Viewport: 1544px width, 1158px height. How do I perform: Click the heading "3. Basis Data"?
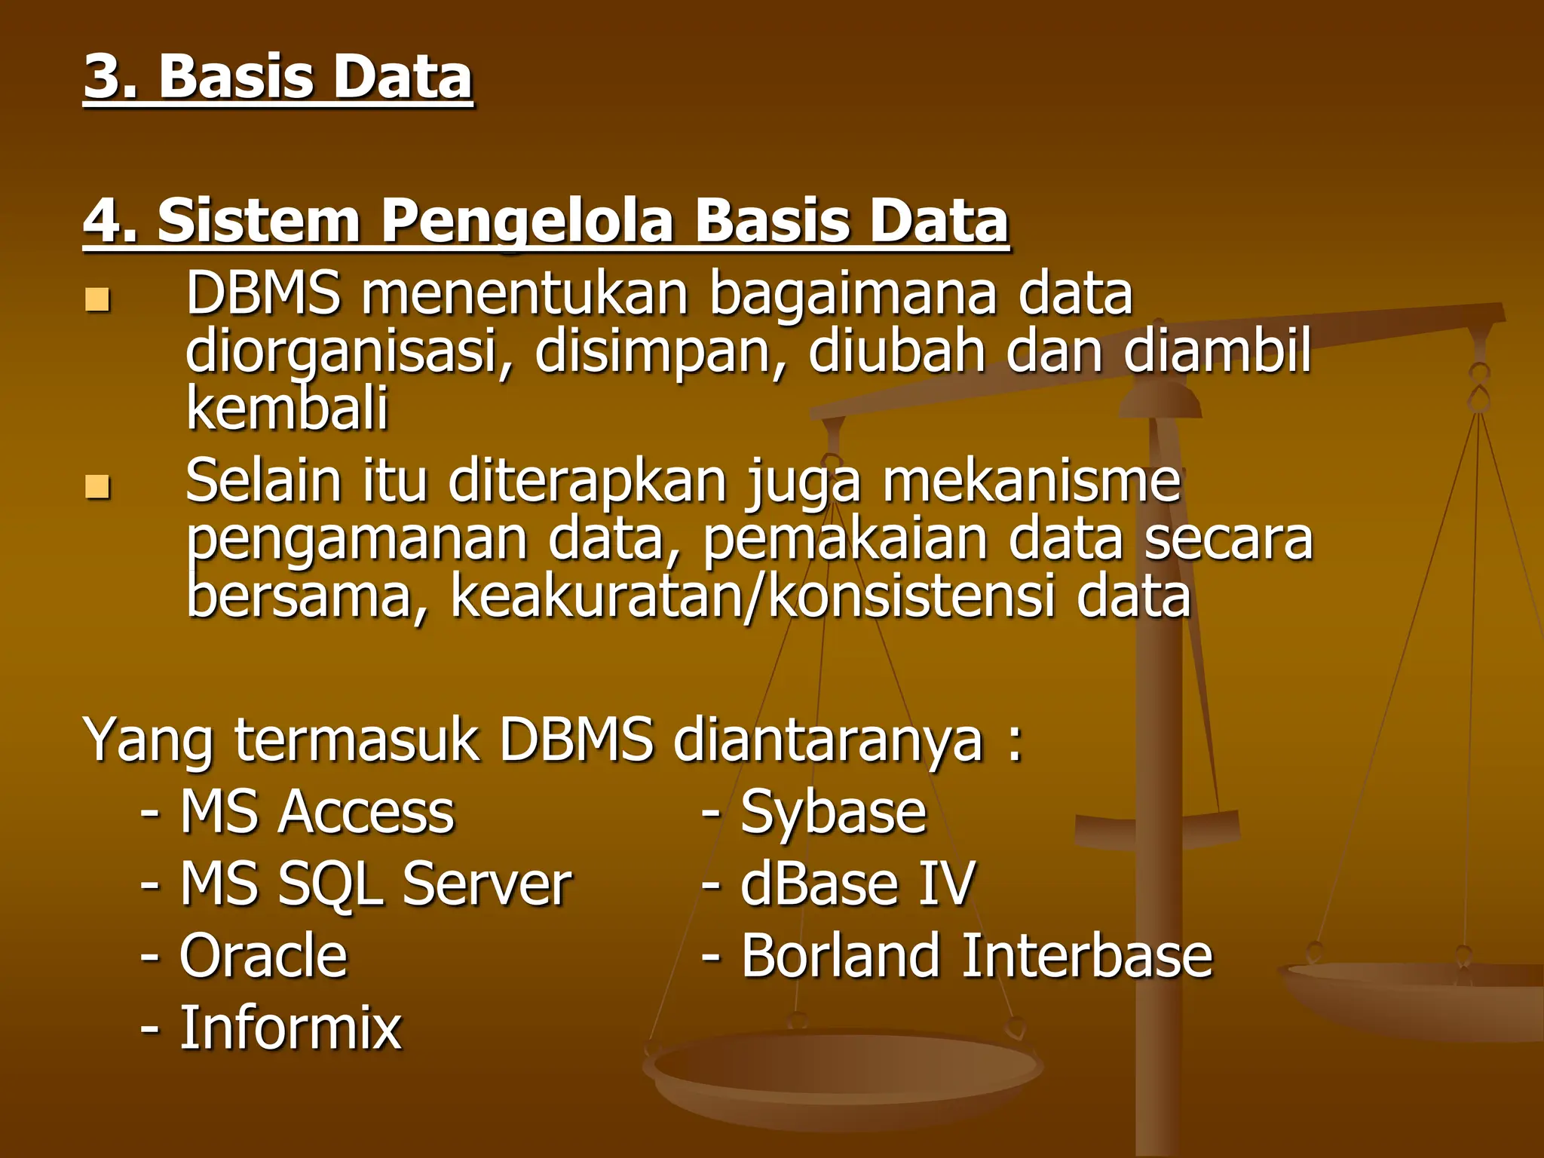click(x=277, y=77)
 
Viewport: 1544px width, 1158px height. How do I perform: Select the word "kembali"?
click(x=286, y=408)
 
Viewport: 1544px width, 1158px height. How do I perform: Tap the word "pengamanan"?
click(x=357, y=540)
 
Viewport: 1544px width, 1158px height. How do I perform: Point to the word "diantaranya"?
click(x=829, y=740)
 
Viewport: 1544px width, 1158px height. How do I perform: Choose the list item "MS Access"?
click(x=317, y=812)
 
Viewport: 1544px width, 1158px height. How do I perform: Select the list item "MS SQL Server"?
click(x=375, y=884)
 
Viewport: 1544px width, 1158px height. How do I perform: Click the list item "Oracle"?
click(x=263, y=955)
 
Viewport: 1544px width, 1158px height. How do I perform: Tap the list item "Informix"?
click(x=290, y=1028)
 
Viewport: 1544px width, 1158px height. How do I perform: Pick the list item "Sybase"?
click(x=833, y=813)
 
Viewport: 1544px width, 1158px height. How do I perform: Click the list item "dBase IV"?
click(x=857, y=884)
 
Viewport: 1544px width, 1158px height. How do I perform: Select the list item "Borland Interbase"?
click(x=976, y=955)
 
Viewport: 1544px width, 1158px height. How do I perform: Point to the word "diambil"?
click(x=1217, y=351)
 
